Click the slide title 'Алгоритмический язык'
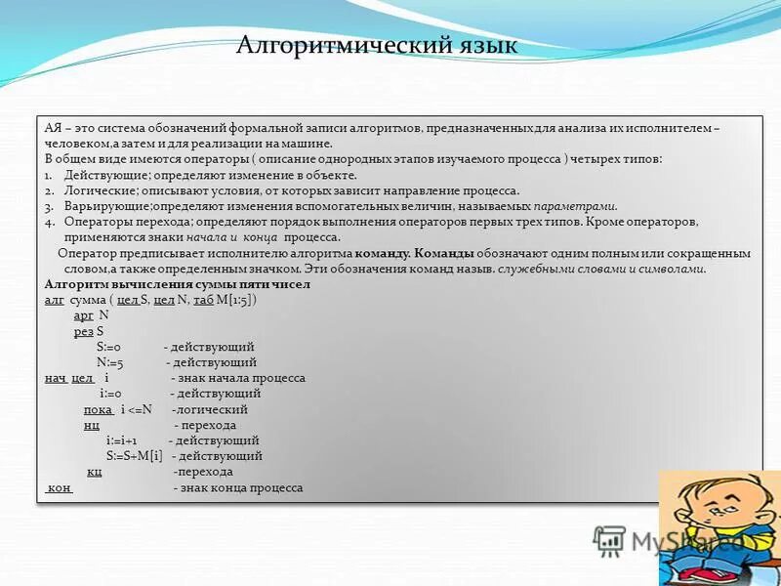pos(378,46)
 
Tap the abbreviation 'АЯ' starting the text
pos(54,128)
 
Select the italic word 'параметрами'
pos(576,207)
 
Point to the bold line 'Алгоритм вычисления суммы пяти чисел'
pos(177,284)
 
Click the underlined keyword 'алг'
pos(54,300)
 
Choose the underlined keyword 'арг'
pos(83,315)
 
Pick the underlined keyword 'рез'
pos(84,331)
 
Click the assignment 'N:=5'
pos(109,362)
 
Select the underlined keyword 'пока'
pos(99,409)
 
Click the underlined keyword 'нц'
pos(92,425)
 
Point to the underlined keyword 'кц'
pos(95,472)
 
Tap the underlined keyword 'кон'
pos(59,487)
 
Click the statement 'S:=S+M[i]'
pos(135,456)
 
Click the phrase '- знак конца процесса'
pos(238,487)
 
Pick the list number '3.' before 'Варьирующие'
pos(49,207)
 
